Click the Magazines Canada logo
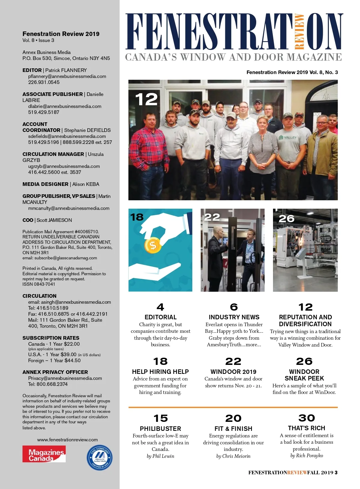pyautogui.click(x=44, y=454)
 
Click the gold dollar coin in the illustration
pyautogui.click(x=153, y=246)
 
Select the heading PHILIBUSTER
pyautogui.click(x=160, y=428)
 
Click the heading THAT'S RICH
pyautogui.click(x=306, y=428)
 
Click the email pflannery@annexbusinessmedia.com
pyautogui.click(x=67, y=76)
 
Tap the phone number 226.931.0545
pyautogui.click(x=44, y=82)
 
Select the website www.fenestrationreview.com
pyautogui.click(x=67, y=440)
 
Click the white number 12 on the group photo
pyautogui.click(x=146, y=99)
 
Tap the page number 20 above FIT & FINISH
pyautogui.click(x=233, y=418)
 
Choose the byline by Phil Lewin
pyautogui.click(x=160, y=456)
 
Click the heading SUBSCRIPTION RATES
pyautogui.click(x=51, y=338)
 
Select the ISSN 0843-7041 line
pyautogui.click(x=39, y=284)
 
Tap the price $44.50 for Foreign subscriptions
pyautogui.click(x=73, y=360)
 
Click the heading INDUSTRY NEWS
pyautogui.click(x=234, y=317)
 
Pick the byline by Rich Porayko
pyautogui.click(x=307, y=455)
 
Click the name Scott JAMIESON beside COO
pyautogui.click(x=54, y=220)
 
